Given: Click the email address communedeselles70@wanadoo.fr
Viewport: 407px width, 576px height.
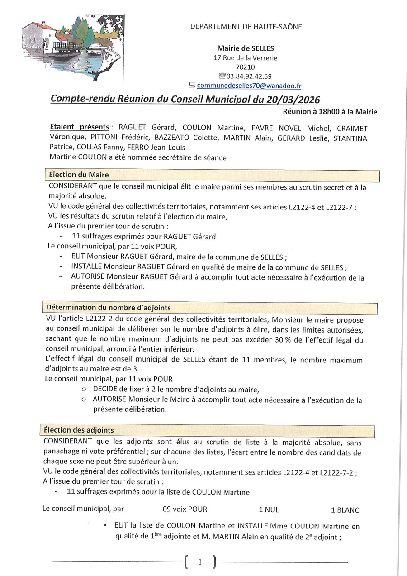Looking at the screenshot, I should click(249, 85).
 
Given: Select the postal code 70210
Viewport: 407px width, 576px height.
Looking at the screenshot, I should click(246, 67).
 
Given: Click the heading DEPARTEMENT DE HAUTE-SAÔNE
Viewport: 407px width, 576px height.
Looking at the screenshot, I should click(246, 27).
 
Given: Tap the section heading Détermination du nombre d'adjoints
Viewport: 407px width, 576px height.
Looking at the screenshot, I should click(108, 308).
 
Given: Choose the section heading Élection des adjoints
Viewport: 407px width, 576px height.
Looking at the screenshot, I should click(79, 430).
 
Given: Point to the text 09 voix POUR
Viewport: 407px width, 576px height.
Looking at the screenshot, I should click(185, 509).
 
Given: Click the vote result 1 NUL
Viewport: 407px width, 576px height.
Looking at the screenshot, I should click(269, 509).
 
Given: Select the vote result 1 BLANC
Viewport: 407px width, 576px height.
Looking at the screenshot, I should click(345, 510).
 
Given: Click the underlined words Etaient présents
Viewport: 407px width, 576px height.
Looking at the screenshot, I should click(80, 128).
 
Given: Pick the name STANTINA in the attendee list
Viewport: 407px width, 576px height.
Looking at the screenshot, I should click(350, 138).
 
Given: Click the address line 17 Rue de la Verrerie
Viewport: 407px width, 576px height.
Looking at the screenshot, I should click(246, 58).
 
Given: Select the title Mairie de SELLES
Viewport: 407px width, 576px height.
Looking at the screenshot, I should click(246, 48).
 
